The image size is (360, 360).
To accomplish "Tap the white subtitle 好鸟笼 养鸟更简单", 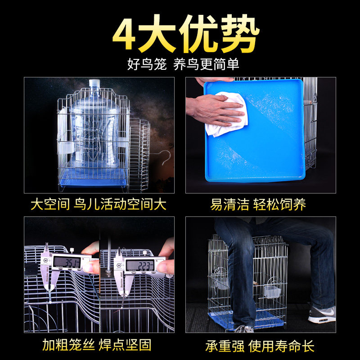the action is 183,64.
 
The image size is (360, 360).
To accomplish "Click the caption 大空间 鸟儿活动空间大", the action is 99,204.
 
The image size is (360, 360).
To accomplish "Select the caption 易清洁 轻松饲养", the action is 258,204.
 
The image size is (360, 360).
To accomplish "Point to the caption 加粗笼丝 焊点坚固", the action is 97,345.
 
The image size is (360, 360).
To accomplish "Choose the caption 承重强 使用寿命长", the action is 260,346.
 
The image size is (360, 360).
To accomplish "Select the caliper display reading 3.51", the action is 67,262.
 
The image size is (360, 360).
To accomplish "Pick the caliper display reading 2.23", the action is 140,265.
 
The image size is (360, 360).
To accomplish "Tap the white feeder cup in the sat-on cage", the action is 272,291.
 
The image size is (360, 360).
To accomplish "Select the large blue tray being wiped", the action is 254,130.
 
